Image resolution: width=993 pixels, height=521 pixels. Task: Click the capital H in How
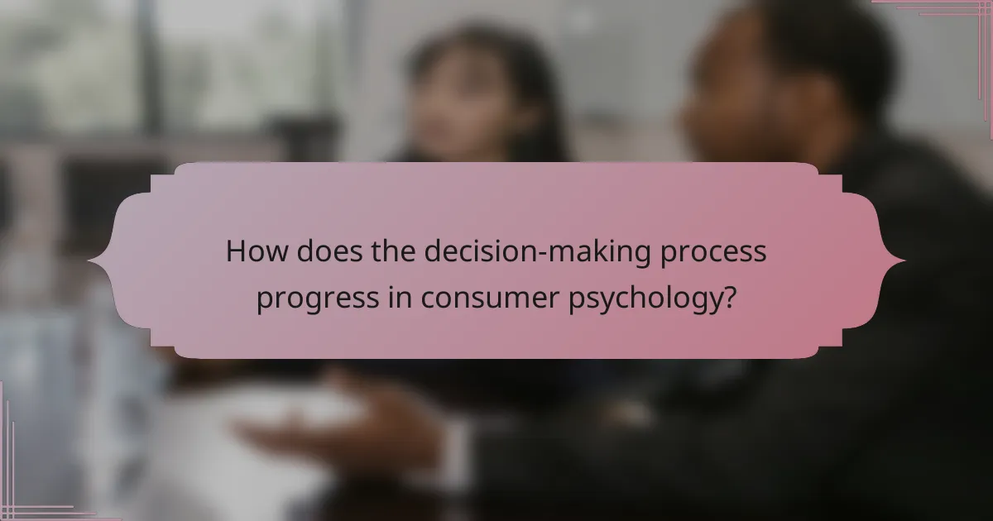pyautogui.click(x=236, y=252)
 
